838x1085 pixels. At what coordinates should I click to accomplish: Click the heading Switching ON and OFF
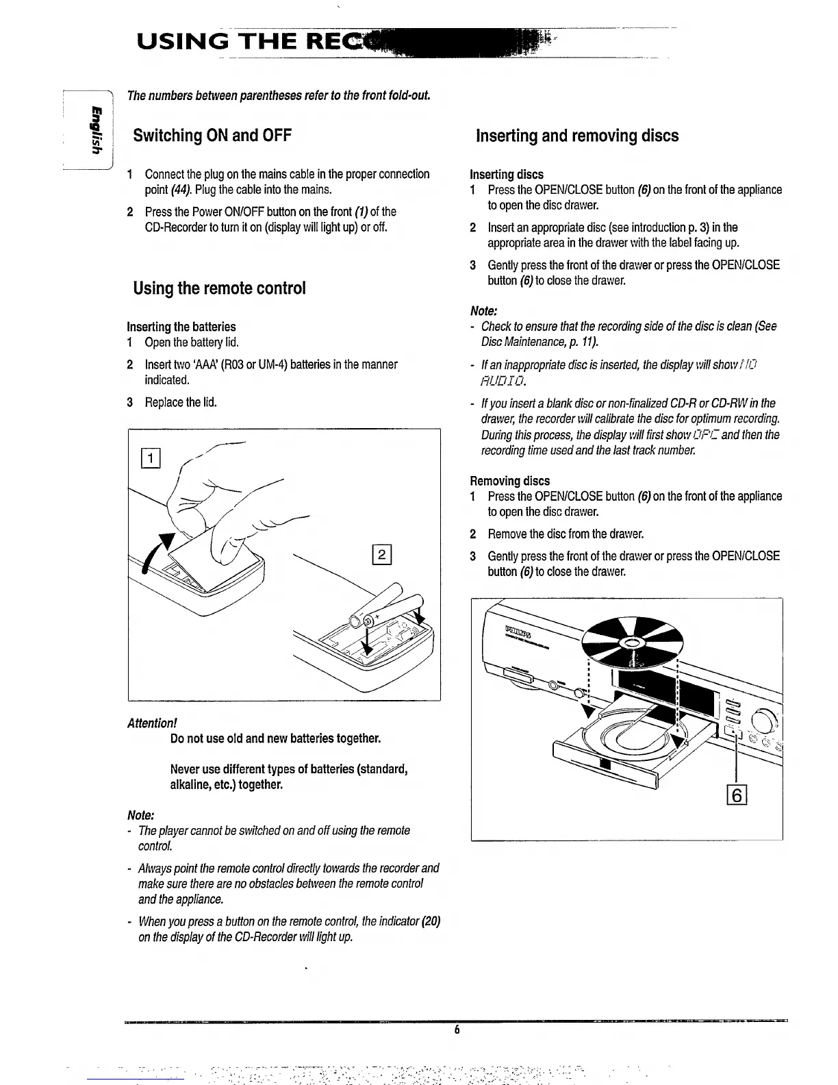(x=212, y=136)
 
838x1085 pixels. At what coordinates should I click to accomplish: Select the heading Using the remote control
(x=219, y=288)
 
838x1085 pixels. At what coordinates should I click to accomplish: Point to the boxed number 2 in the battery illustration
(x=381, y=554)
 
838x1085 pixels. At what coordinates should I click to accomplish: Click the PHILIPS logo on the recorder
(x=520, y=629)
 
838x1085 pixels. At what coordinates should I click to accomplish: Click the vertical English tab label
(x=92, y=130)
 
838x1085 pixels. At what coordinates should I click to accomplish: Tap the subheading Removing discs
(x=509, y=481)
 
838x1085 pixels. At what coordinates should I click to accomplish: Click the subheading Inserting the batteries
(x=181, y=327)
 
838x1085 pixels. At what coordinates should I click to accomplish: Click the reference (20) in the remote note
(x=430, y=922)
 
